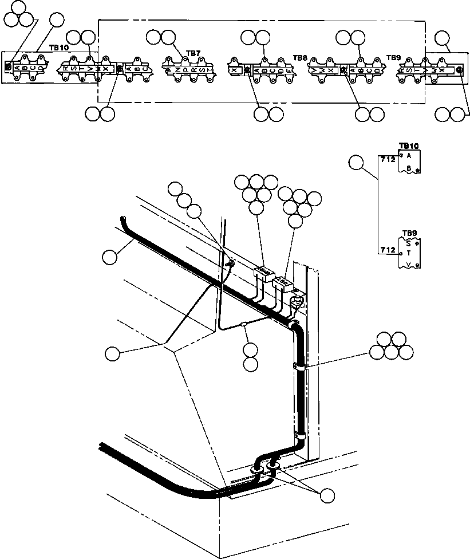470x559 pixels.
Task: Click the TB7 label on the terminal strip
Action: (193, 53)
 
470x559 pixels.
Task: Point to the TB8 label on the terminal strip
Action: (300, 58)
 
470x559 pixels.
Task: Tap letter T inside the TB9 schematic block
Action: (408, 253)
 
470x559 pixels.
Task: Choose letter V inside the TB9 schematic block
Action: (408, 264)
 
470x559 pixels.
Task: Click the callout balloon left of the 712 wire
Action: (357, 163)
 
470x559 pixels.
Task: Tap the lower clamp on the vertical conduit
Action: (298, 436)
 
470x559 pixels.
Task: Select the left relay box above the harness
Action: (263, 270)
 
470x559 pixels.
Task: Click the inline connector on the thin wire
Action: (244, 324)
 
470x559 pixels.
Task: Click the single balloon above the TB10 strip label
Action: (57, 20)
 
